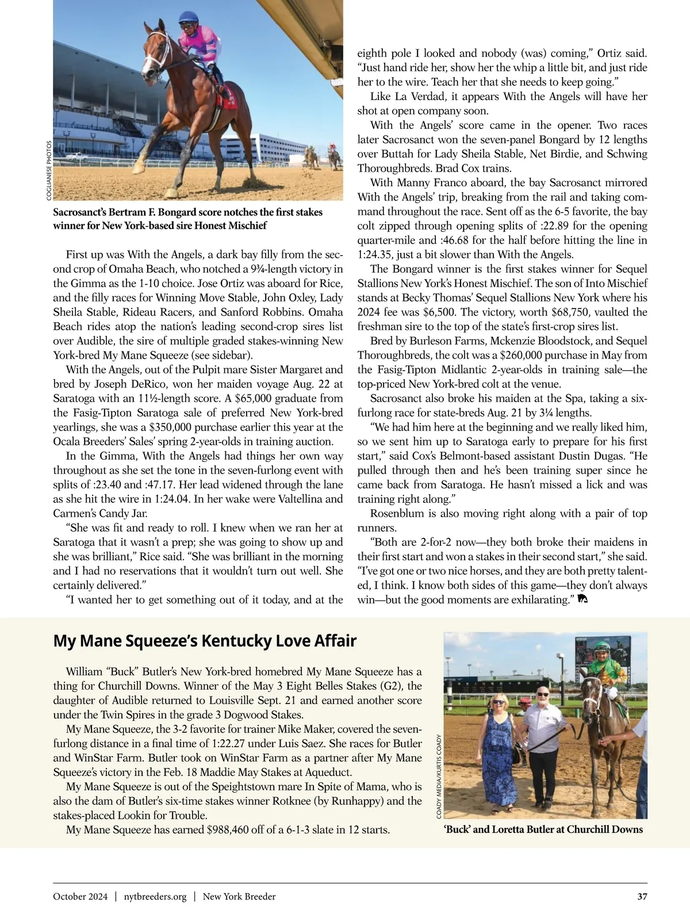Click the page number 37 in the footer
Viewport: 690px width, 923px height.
click(642, 897)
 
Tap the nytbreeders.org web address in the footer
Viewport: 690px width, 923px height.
click(155, 897)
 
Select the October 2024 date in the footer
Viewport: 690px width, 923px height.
click(80, 897)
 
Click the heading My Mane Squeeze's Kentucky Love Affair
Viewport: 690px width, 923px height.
click(205, 641)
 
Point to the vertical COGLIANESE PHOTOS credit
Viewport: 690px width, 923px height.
click(49, 171)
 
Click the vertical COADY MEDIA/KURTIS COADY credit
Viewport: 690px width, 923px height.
click(439, 776)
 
